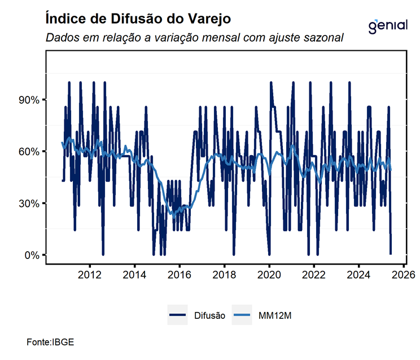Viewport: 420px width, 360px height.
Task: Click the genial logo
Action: pos(387,26)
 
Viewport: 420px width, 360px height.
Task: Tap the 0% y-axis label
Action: pos(30,255)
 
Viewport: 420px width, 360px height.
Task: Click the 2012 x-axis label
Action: pos(89,275)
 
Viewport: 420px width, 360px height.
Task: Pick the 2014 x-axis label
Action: pos(134,275)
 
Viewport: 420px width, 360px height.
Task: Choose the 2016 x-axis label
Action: pos(179,275)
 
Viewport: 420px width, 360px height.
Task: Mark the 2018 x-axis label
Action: pos(224,275)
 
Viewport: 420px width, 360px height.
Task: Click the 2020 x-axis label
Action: pos(269,275)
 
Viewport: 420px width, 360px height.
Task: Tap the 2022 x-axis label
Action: pos(314,275)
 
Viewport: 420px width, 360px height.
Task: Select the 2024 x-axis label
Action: pos(359,275)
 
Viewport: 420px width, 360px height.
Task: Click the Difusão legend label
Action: pos(209,316)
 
